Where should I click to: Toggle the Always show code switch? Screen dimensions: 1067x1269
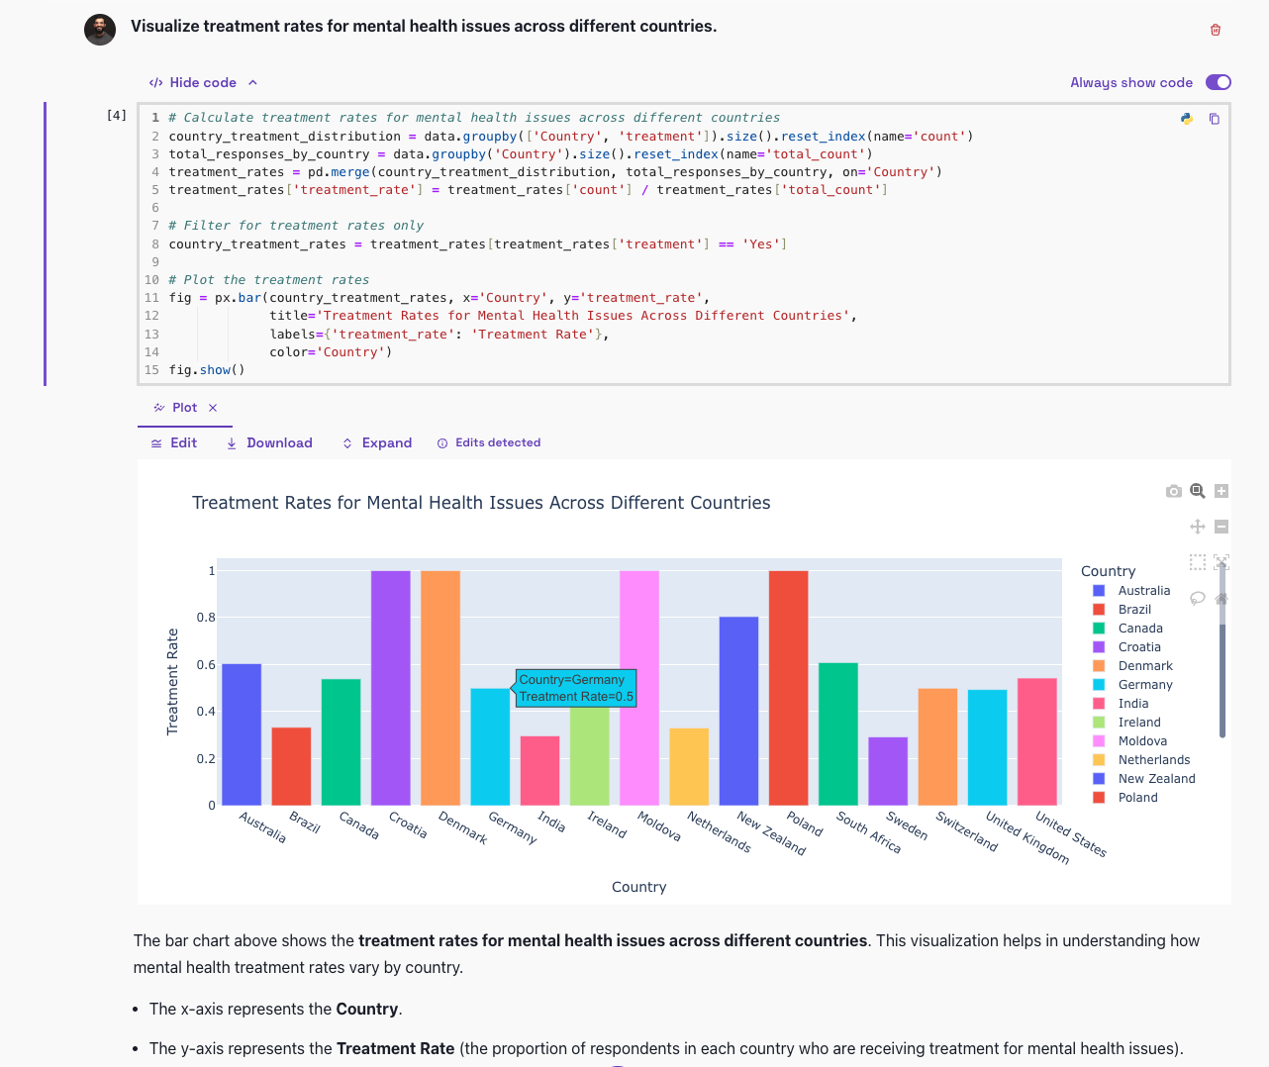click(x=1218, y=82)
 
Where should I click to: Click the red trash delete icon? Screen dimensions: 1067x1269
click(x=1216, y=30)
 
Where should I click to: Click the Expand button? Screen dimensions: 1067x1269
click(x=377, y=443)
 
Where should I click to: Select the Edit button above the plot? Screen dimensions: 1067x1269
click(x=174, y=443)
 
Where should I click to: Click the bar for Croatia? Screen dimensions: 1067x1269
click(x=391, y=688)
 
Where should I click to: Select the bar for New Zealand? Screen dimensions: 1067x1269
click(x=738, y=711)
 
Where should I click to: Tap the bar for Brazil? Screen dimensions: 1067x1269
click(x=291, y=766)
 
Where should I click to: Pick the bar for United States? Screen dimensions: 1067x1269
click(x=1036, y=741)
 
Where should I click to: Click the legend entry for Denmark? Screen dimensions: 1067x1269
click(x=1144, y=666)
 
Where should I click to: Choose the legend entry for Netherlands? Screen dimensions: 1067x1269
click(x=1153, y=760)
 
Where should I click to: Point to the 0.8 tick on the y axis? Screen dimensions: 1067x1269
click(x=206, y=618)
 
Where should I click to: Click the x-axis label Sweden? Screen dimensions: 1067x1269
click(x=907, y=825)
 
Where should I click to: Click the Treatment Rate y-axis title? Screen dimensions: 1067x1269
click(x=173, y=682)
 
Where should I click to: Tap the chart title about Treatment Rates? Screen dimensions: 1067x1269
click(x=481, y=503)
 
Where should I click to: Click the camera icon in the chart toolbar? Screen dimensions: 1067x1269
click(x=1174, y=491)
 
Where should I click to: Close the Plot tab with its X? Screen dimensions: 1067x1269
click(x=213, y=408)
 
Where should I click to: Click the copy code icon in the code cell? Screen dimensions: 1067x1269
click(x=1215, y=119)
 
